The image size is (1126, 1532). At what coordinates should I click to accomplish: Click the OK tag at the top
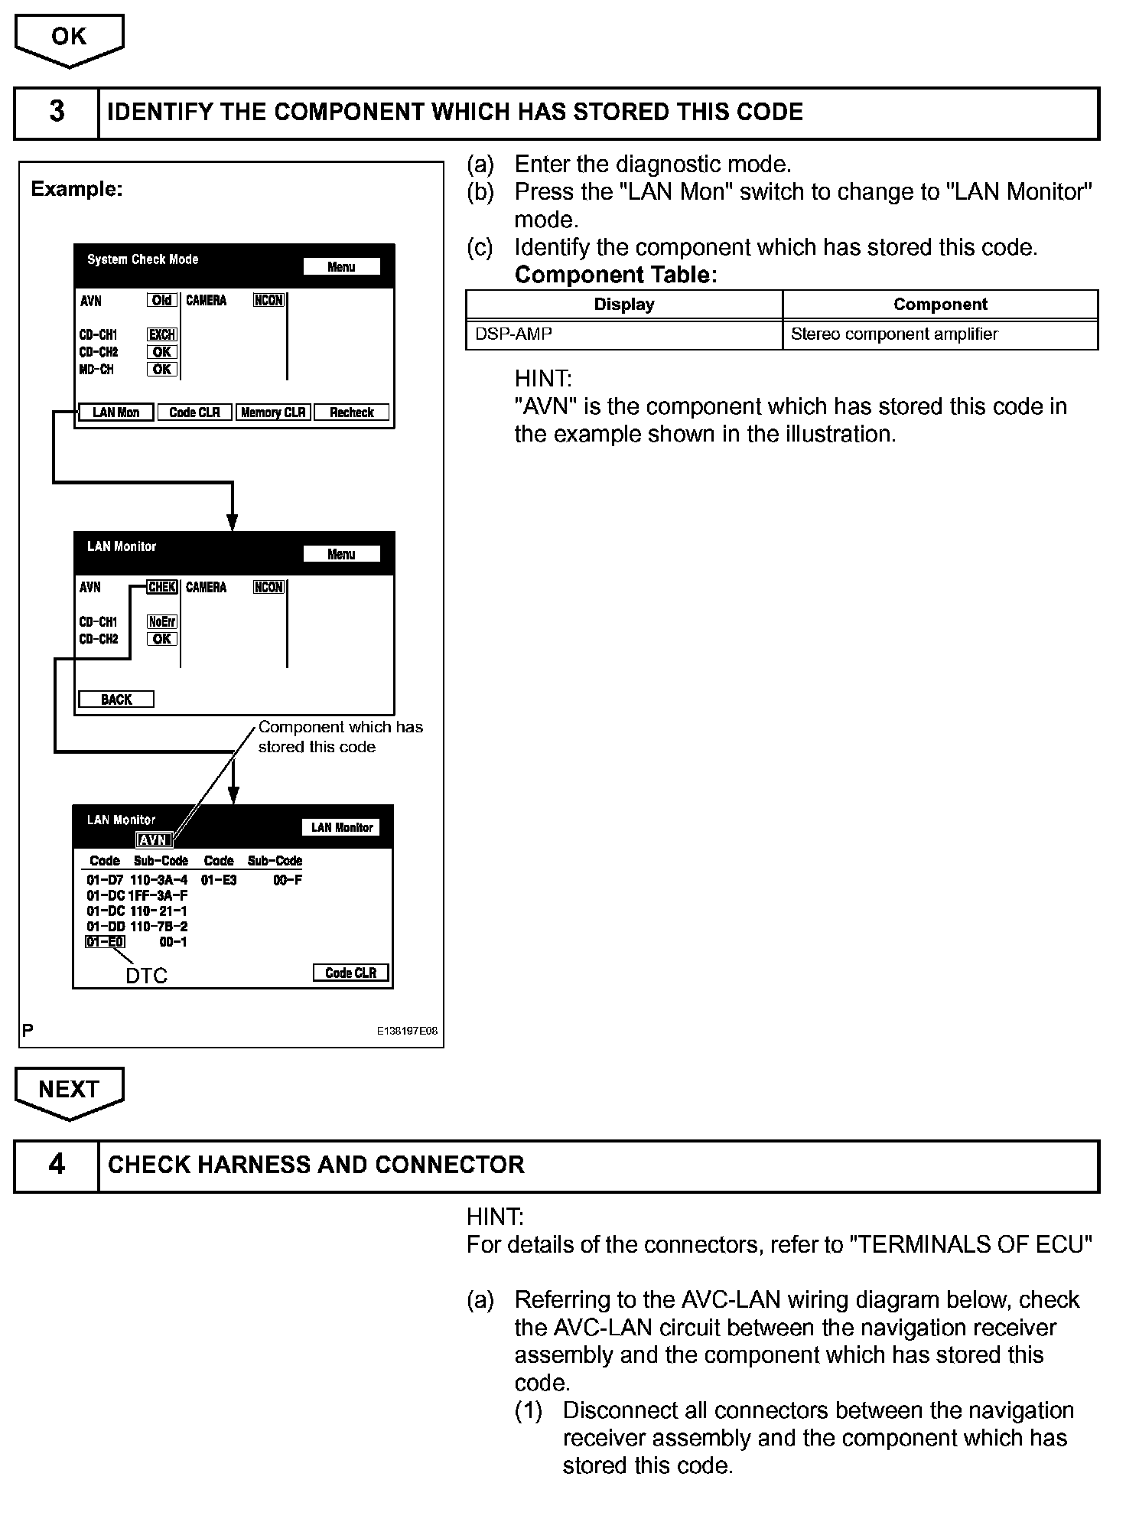coord(69,37)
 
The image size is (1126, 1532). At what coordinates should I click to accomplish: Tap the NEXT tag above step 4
coord(69,1090)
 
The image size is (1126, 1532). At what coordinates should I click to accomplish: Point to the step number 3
coord(57,112)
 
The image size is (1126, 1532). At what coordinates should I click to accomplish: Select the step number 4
coord(57,1165)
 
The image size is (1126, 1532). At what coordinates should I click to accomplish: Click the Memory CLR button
coord(273,412)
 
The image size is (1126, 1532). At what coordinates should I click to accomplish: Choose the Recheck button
coord(352,412)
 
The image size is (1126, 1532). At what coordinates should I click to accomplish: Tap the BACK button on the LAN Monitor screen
coord(116,699)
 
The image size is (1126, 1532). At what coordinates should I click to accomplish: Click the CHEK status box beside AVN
coord(162,587)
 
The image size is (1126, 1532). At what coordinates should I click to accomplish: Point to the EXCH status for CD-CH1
coord(162,334)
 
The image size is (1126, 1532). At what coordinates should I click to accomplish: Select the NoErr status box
coord(162,621)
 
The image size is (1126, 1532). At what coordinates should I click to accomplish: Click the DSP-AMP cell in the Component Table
coord(514,334)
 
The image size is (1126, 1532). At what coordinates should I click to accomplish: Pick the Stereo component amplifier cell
coord(894,334)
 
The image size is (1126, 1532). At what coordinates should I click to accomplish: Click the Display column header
coord(624,305)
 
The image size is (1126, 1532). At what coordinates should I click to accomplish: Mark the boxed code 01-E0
coord(105,942)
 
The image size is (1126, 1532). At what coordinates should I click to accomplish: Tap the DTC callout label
coord(146,976)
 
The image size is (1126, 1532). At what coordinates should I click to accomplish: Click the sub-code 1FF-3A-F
coord(158,895)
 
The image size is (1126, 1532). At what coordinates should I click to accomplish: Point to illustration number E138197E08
coord(407,1031)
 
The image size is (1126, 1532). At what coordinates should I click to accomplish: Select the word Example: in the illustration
coord(76,189)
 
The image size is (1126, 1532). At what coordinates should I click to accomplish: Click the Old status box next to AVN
coord(162,300)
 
